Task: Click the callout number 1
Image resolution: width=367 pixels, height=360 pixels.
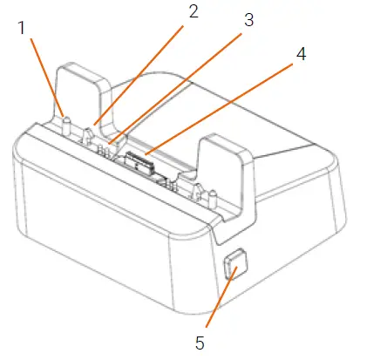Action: coord(22,28)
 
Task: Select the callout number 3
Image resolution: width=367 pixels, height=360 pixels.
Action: coord(248,21)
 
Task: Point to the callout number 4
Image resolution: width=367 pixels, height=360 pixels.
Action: coord(300,53)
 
